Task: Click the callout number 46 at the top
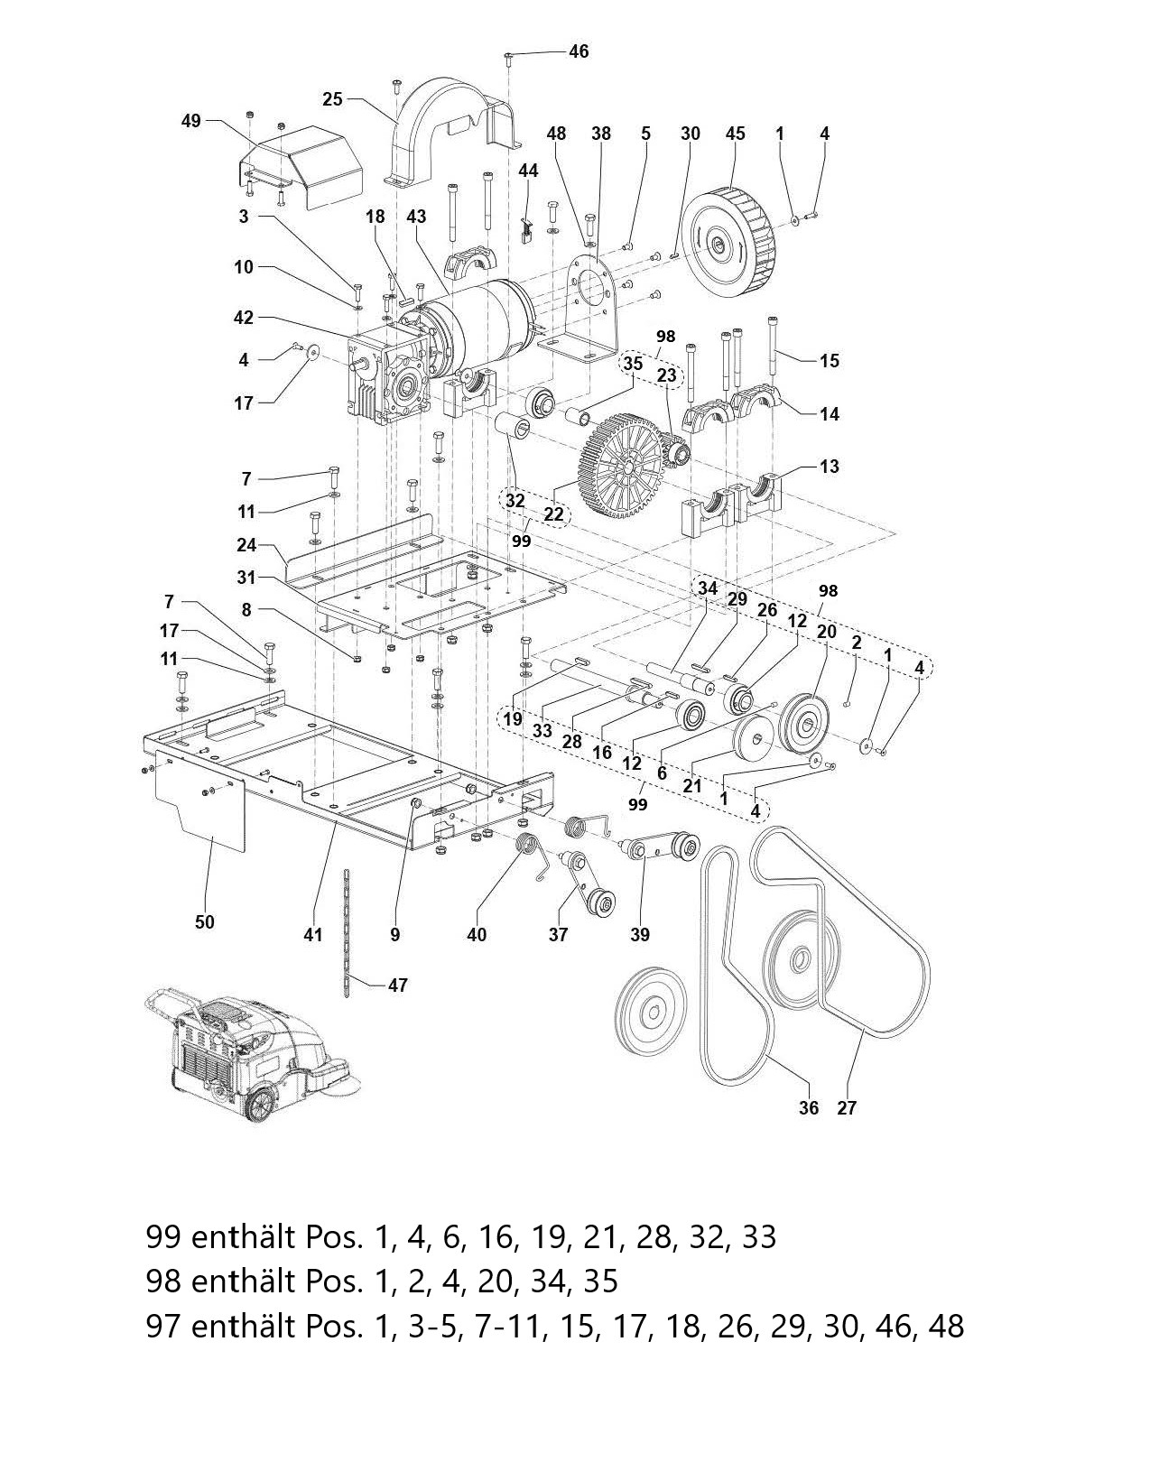tap(579, 51)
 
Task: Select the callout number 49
tap(191, 121)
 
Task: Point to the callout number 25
tap(332, 99)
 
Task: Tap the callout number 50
tap(205, 921)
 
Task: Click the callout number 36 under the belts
tap(809, 1107)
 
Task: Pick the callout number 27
tap(846, 1107)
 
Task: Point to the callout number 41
tap(312, 935)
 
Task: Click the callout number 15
tap(829, 361)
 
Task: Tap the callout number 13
tap(829, 466)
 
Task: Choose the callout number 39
tap(639, 935)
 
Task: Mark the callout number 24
tap(246, 545)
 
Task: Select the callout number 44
tap(528, 170)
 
